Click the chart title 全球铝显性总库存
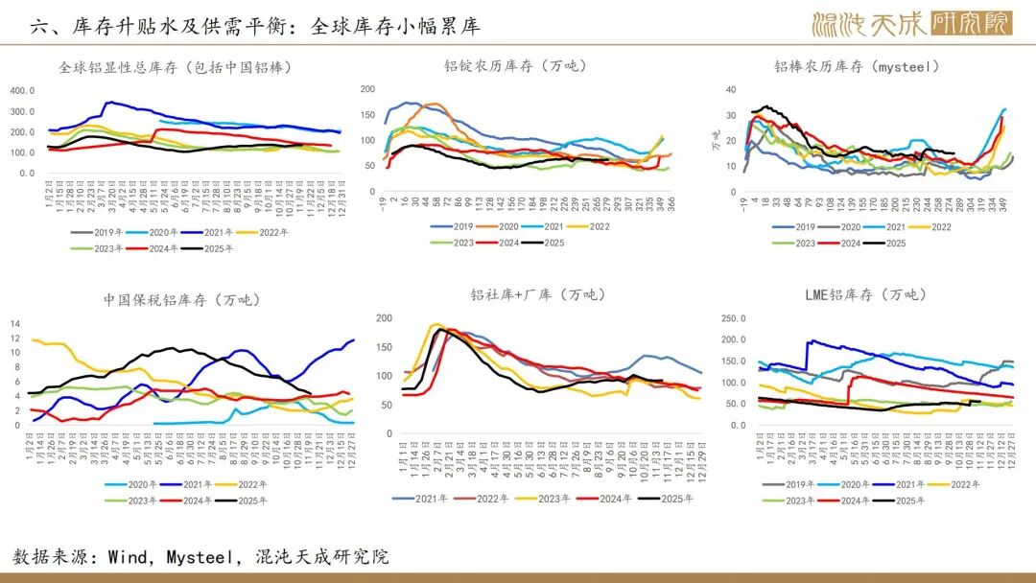pos(175,67)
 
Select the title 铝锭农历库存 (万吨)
pos(515,66)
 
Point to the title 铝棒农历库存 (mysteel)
pos(856,67)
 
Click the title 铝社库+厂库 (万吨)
pos(538,294)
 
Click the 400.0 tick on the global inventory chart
pos(22,91)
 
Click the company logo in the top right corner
pos(910,23)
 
